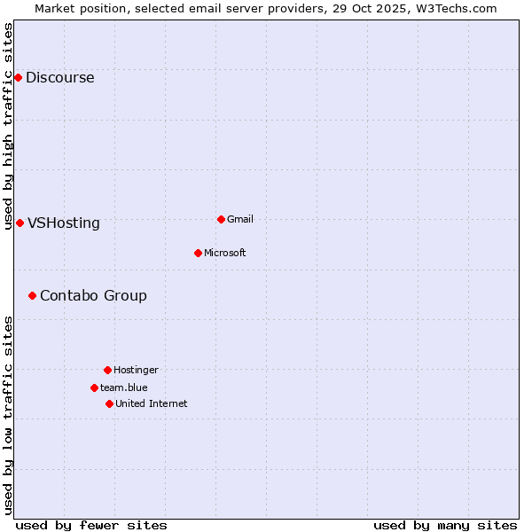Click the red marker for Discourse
[18, 77]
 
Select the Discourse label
[59, 78]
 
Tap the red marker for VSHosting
[20, 223]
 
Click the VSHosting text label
[63, 223]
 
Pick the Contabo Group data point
[32, 295]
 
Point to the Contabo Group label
[93, 296]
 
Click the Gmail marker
[221, 219]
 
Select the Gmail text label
[240, 220]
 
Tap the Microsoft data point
[198, 253]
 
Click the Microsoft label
[224, 254]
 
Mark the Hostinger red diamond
[107, 370]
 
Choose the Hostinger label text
[136, 371]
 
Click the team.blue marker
[94, 387]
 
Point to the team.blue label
[123, 388]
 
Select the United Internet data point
[109, 403]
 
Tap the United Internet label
[151, 404]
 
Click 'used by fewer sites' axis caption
[91, 525]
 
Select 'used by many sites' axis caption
[445, 525]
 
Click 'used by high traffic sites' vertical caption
[8, 126]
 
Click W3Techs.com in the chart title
[452, 8]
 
